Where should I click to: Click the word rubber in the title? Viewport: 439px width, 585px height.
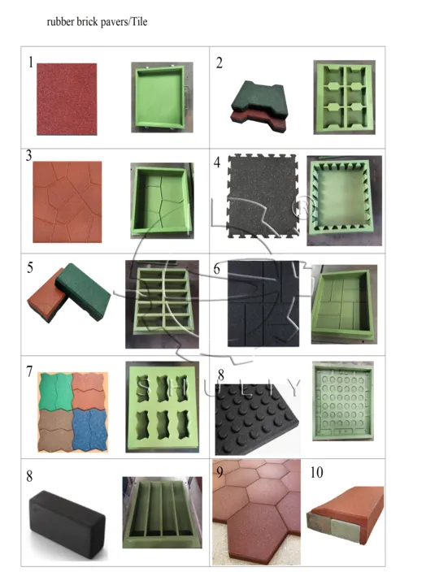click(60, 22)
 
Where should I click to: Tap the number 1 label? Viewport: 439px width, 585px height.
click(31, 63)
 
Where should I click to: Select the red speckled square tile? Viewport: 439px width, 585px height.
click(67, 99)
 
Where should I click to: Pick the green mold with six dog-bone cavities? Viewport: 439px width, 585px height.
click(344, 97)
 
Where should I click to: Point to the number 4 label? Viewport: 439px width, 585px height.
click(217, 162)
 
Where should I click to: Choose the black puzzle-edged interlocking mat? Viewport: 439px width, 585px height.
click(263, 197)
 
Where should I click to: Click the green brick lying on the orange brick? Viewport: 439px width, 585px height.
click(83, 291)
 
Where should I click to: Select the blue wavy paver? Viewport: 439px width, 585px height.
click(89, 430)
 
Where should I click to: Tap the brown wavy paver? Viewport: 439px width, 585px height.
click(56, 431)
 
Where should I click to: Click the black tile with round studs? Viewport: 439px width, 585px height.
click(257, 418)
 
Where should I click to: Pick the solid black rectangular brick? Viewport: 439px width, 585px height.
click(67, 525)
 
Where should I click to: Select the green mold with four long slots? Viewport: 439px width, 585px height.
click(163, 513)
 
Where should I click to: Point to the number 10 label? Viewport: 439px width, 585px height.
click(316, 473)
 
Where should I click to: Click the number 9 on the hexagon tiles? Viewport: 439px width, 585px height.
click(219, 472)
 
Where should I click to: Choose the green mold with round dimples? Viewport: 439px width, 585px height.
click(343, 401)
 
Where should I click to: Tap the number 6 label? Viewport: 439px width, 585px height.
click(217, 270)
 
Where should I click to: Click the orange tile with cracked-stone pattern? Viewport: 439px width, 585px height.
click(67, 201)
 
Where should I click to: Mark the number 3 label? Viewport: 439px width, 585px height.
click(28, 155)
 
